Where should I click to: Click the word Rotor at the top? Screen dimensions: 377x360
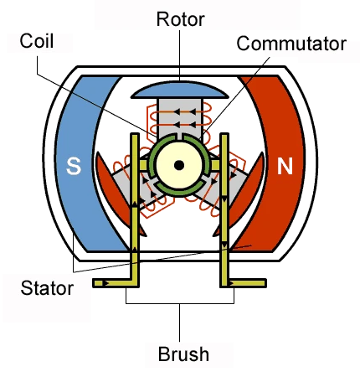[x=179, y=18]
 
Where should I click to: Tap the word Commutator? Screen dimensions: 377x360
[x=290, y=44]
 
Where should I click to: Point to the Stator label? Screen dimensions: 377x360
[x=45, y=289]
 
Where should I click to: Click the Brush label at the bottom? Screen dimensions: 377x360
[x=183, y=354]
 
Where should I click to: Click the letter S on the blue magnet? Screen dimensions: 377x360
[x=74, y=167]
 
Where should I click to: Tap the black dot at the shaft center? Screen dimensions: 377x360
[x=178, y=165]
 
